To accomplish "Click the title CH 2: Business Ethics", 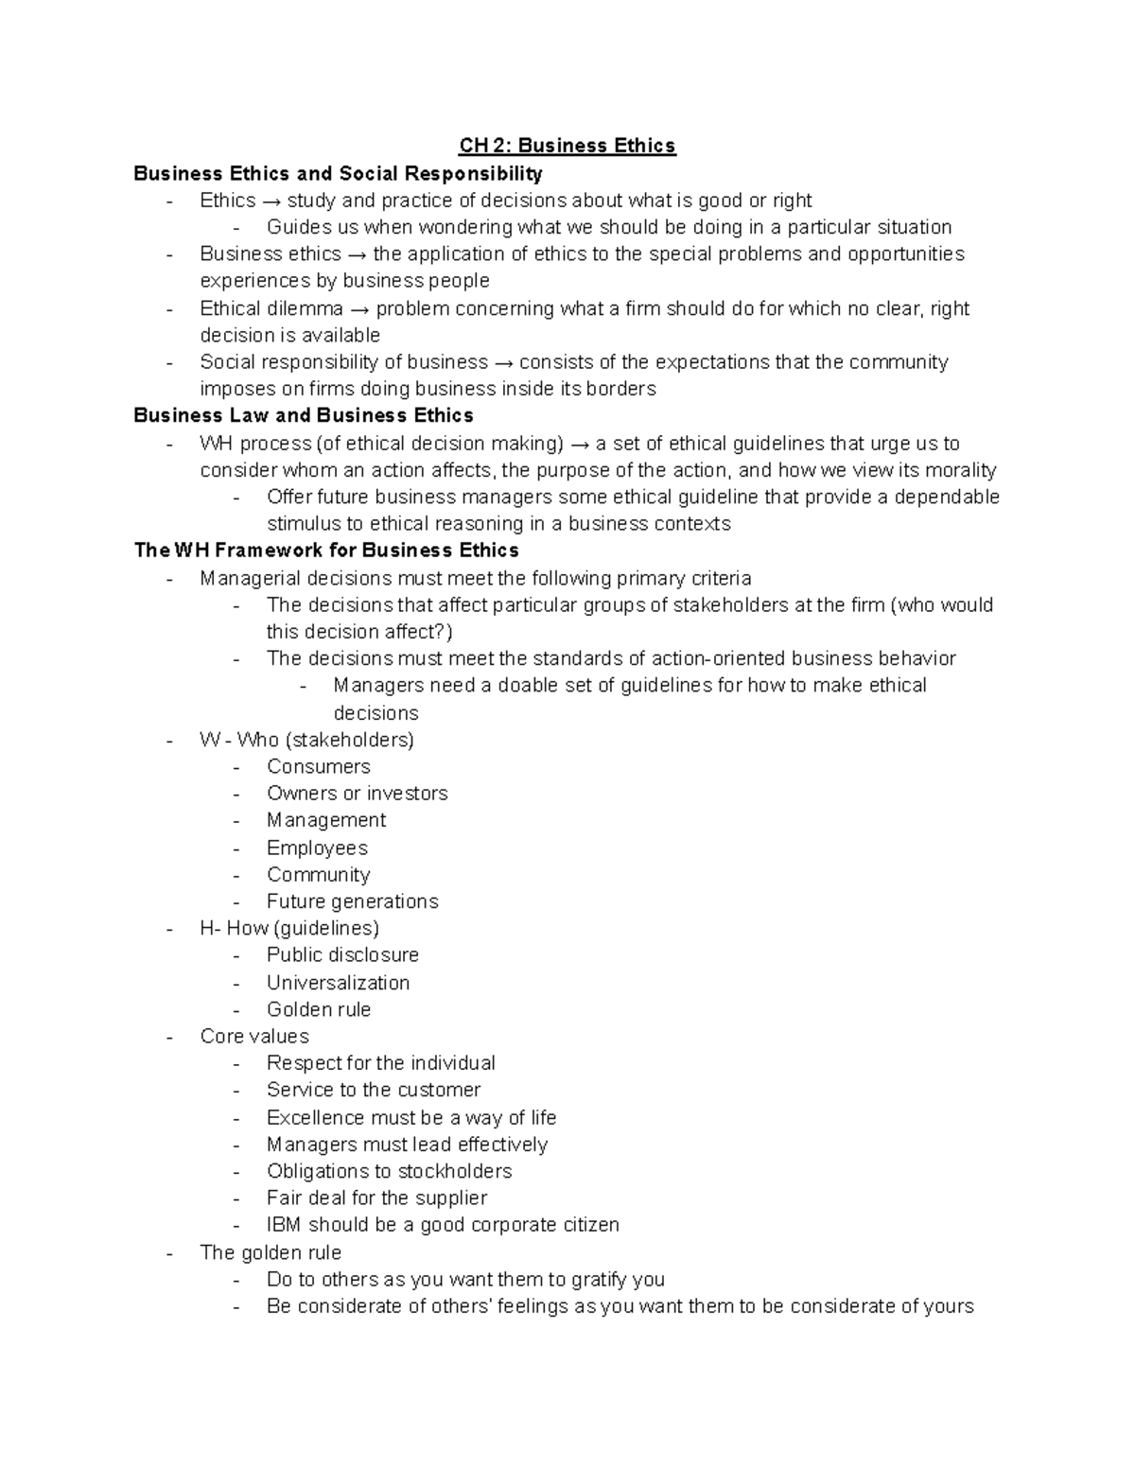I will (x=567, y=146).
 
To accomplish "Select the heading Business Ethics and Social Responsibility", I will (x=338, y=173).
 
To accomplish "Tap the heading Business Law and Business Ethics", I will (x=304, y=415).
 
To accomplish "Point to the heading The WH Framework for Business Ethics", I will (x=326, y=551).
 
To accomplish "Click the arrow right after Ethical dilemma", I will (x=359, y=309).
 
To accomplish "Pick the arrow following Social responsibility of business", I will (x=503, y=362).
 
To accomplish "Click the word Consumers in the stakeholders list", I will (x=318, y=766).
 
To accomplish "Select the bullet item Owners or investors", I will (x=357, y=794).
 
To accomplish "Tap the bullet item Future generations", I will (x=352, y=901).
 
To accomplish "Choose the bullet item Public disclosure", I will (x=342, y=955).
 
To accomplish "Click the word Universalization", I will (x=338, y=983).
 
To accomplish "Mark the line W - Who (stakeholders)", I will (x=306, y=740).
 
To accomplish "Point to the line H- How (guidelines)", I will (x=288, y=928).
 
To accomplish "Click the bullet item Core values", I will (x=254, y=1037).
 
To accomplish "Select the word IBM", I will (x=283, y=1225).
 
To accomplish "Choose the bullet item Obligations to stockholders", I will (x=389, y=1171).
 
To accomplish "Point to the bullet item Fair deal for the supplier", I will (x=376, y=1198).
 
